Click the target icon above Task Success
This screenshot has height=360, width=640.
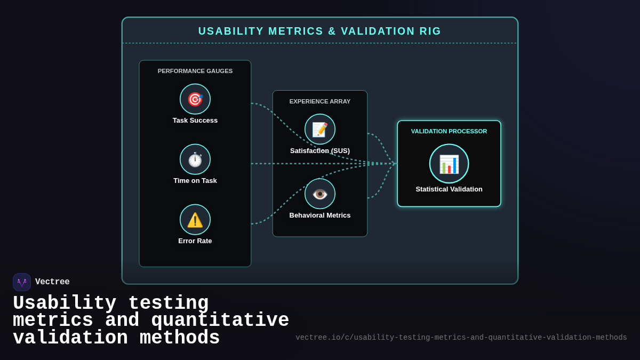(195, 99)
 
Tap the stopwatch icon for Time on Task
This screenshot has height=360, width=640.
(195, 159)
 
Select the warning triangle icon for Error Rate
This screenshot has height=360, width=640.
(195, 220)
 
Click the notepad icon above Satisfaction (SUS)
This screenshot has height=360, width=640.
(320, 129)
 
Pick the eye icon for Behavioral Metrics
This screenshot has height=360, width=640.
(320, 194)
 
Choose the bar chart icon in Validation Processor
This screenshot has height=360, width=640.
(449, 164)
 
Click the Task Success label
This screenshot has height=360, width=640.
(195, 121)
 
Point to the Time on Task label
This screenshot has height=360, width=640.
(195, 181)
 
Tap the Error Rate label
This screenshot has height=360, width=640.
(195, 241)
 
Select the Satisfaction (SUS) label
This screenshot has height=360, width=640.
(320, 151)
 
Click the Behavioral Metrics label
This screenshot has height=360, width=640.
(320, 215)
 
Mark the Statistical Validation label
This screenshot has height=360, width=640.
(449, 189)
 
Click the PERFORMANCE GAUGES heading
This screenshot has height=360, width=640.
(195, 71)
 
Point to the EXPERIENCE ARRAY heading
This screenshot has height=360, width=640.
(320, 101)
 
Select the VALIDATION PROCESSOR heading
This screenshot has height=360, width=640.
(449, 131)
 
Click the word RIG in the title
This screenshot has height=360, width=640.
(430, 31)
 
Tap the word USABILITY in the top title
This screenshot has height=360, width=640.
(231, 31)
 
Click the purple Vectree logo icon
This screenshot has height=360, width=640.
(22, 282)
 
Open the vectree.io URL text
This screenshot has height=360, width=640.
(461, 338)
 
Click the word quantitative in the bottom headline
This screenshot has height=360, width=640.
(220, 321)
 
